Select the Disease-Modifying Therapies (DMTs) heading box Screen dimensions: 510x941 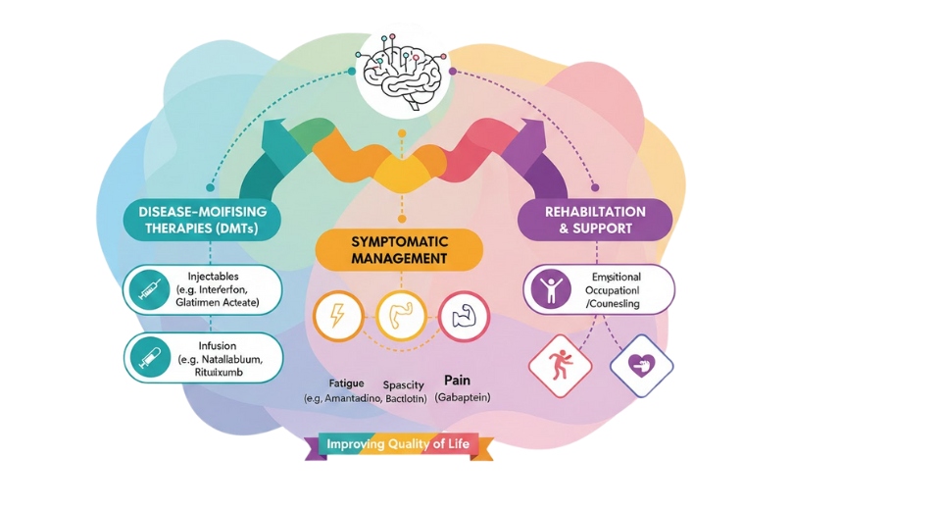click(203, 221)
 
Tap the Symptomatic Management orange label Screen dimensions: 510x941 click(398, 249)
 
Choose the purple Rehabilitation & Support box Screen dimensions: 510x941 click(595, 220)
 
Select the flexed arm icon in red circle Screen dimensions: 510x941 click(464, 316)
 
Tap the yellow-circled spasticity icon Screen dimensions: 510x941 click(401, 316)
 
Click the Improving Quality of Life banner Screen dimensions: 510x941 click(398, 445)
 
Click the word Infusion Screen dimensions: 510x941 click(218, 345)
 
